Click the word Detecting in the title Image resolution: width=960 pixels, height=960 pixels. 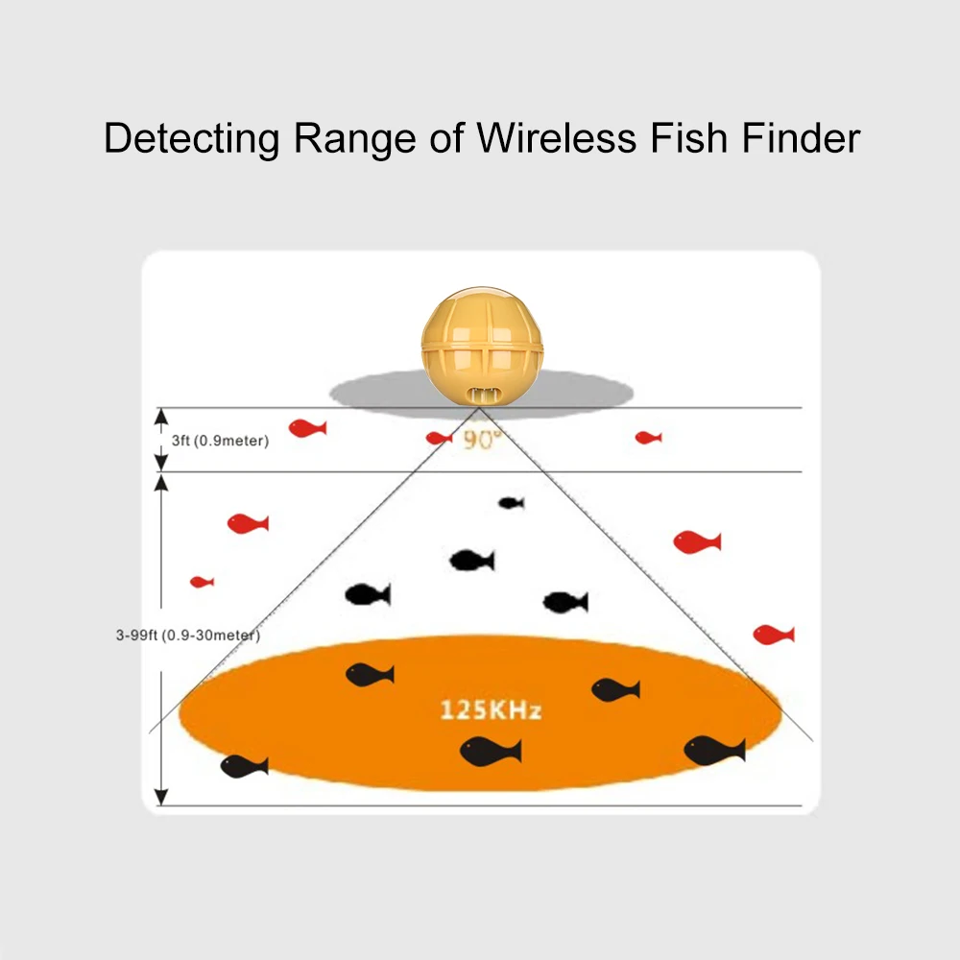click(192, 139)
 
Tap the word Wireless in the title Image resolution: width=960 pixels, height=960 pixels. click(557, 137)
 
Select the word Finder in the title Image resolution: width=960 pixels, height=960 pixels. click(801, 137)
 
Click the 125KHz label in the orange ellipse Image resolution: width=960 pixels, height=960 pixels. click(491, 710)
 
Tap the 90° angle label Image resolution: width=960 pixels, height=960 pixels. click(483, 440)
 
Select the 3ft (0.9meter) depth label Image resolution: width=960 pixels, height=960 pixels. click(221, 441)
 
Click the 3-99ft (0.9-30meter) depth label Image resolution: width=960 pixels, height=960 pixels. click(188, 635)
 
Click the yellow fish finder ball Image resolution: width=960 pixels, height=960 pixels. click(483, 346)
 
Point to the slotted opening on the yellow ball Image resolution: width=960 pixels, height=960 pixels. click(483, 396)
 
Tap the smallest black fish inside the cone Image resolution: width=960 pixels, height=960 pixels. click(512, 503)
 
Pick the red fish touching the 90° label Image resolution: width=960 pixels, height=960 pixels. click(439, 438)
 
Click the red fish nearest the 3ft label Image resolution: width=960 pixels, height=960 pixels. click(307, 428)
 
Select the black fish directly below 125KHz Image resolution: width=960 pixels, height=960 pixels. click(491, 752)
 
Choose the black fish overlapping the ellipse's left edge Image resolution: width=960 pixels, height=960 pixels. click(244, 766)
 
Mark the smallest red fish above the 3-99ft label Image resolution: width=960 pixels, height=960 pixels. click(202, 582)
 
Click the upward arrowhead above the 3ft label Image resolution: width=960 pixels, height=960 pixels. click(161, 417)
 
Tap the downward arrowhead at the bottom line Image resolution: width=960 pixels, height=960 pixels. click(161, 797)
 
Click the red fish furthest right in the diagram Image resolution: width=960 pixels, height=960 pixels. click(774, 635)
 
